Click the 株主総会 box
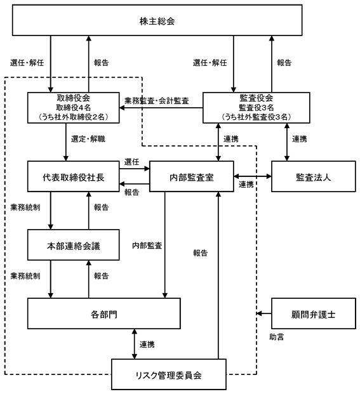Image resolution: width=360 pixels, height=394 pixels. click(157, 20)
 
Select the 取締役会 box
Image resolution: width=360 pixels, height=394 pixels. click(74, 108)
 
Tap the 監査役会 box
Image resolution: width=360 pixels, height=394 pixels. click(256, 108)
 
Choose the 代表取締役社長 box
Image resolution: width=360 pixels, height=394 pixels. click(74, 176)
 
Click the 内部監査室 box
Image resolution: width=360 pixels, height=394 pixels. click(192, 176)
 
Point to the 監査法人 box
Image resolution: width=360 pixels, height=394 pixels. click(314, 176)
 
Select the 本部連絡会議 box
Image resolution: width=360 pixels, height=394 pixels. click(74, 245)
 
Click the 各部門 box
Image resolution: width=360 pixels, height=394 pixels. click(104, 313)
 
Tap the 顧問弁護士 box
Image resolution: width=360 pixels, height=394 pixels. click(314, 313)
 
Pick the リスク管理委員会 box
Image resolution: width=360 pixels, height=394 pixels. click(169, 374)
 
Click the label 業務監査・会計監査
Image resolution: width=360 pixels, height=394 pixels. click(157, 101)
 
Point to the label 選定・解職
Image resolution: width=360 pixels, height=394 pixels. click(88, 139)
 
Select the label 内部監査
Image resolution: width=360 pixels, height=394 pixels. click(147, 246)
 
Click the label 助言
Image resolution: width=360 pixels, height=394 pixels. click(277, 337)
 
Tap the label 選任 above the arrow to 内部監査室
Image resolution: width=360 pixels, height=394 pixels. click(131, 162)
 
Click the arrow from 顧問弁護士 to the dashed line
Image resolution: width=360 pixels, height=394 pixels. click(264, 313)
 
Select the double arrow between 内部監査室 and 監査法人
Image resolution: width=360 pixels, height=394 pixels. click(253, 176)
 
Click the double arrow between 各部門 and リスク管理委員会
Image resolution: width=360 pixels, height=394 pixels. click(135, 344)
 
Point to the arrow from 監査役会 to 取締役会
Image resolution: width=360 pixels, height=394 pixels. click(161, 108)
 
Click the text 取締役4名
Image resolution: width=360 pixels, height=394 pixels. click(74, 108)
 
